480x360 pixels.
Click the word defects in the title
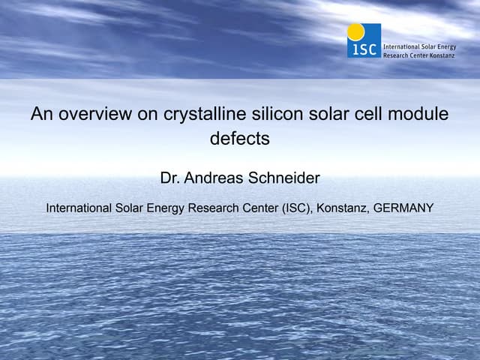click(239, 139)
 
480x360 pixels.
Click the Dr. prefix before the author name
click(171, 178)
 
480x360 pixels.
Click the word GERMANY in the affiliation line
click(403, 208)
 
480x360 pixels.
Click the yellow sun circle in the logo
click(355, 31)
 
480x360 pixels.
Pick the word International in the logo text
click(401, 45)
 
